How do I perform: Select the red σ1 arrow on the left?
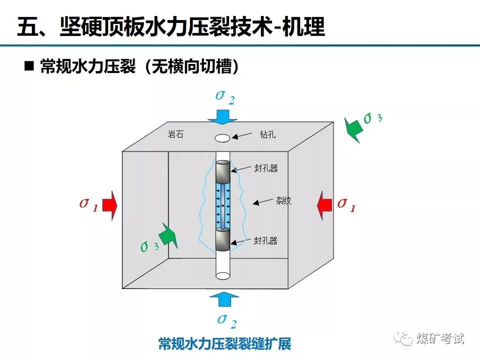[111, 205]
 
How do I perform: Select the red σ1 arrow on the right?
[324, 205]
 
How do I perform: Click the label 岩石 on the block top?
[175, 134]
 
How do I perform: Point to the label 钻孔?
[267, 134]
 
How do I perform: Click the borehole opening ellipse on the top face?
[222, 137]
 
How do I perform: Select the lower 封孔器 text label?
[265, 240]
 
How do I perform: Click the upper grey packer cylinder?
[223, 172]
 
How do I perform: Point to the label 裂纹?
[283, 201]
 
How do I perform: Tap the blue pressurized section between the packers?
[223, 205]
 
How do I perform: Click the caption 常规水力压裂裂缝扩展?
[224, 344]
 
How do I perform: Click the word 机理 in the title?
[303, 27]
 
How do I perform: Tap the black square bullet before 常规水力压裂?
[29, 66]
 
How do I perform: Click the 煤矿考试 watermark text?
[439, 338]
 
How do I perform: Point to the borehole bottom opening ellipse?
[222, 275]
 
